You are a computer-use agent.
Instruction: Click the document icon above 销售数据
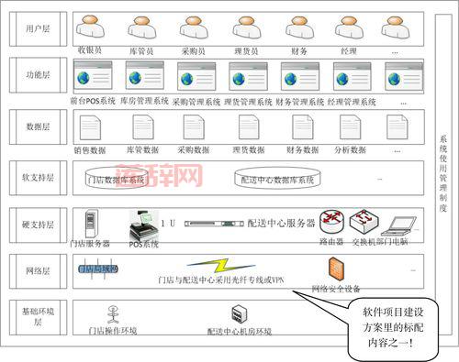click(x=89, y=127)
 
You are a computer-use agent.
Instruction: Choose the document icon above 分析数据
click(x=348, y=127)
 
